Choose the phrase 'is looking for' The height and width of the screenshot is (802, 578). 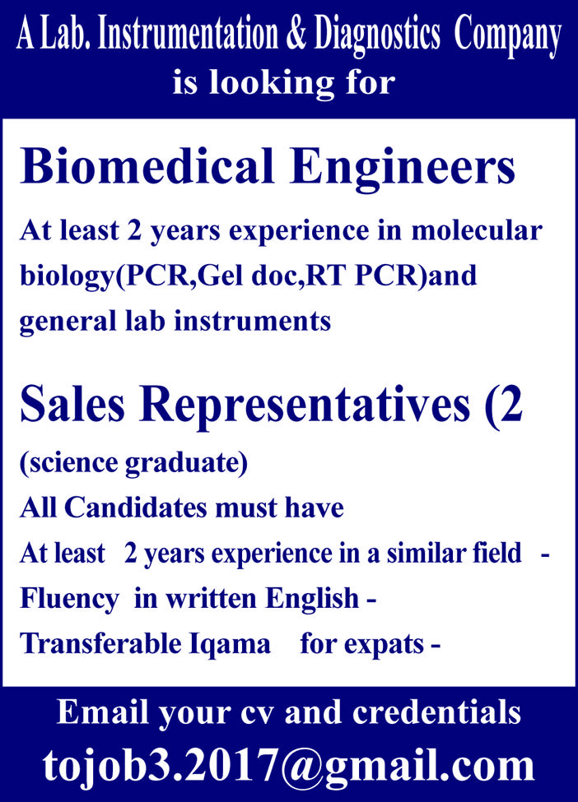point(284,83)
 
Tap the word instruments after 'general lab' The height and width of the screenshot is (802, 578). point(265,320)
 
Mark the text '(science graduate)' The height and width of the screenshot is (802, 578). point(133,463)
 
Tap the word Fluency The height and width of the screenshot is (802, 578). point(69,598)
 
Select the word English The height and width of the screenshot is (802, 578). point(318,598)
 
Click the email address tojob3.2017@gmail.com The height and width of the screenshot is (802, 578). point(289,766)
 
